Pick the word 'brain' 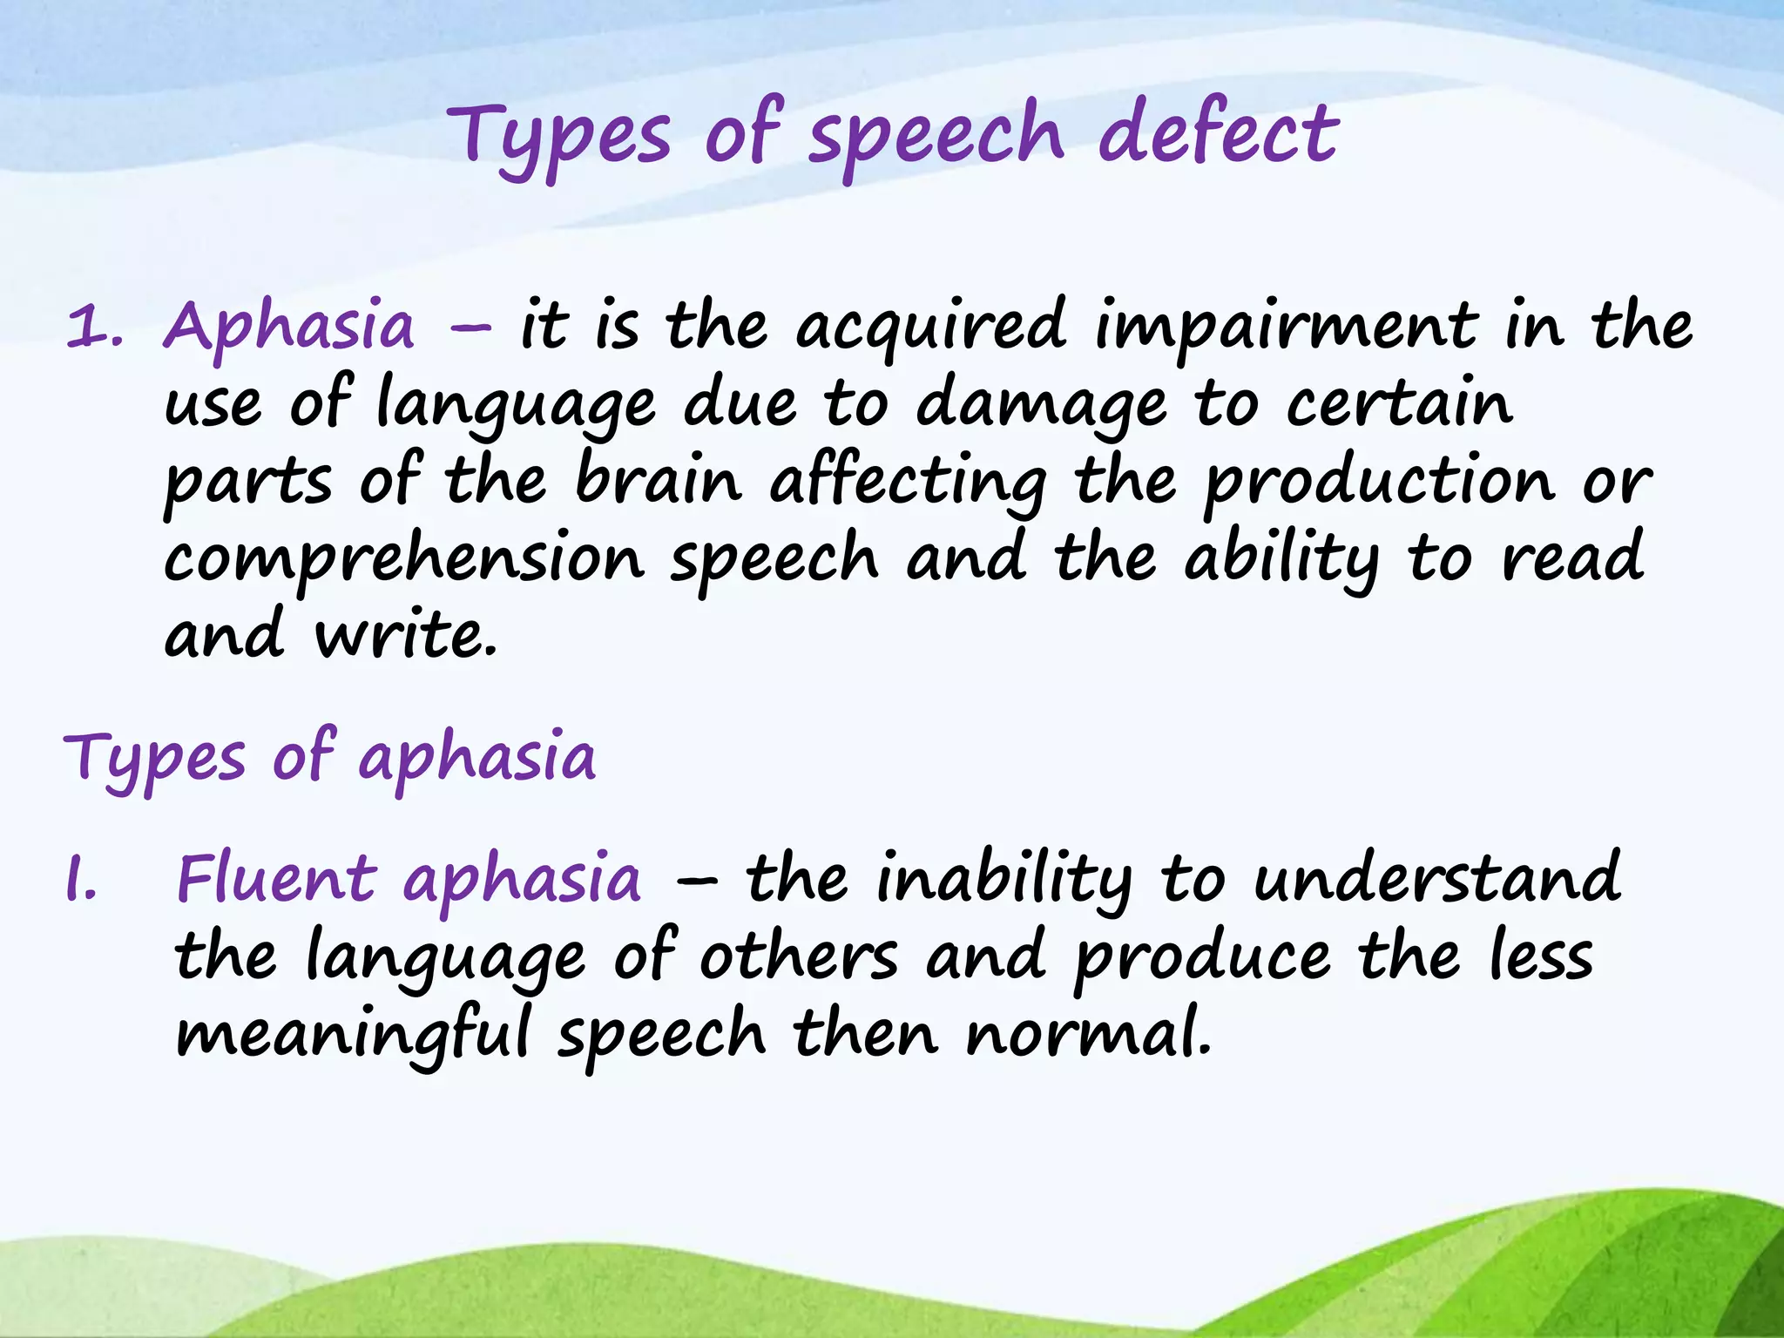pyautogui.click(x=659, y=480)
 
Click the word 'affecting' pyautogui.click(x=908, y=483)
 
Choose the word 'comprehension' pyautogui.click(x=404, y=560)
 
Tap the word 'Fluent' pyautogui.click(x=277, y=877)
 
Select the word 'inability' pyautogui.click(x=1003, y=880)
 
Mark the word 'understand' pyautogui.click(x=1437, y=878)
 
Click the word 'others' pyautogui.click(x=798, y=956)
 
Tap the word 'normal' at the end pyautogui.click(x=1087, y=1033)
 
